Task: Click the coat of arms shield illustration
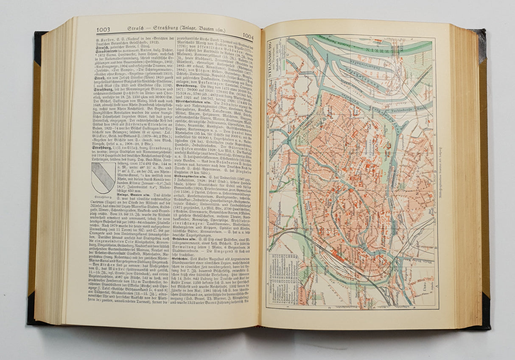[103, 177]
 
